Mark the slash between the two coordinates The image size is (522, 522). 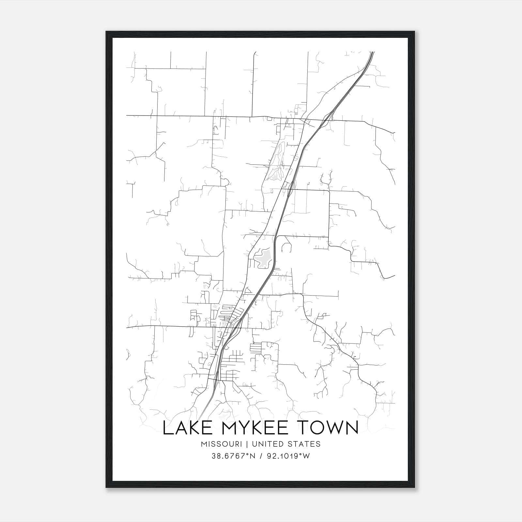click(260, 456)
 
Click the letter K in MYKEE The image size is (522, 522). click(256, 428)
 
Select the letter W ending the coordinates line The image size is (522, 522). click(306, 456)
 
